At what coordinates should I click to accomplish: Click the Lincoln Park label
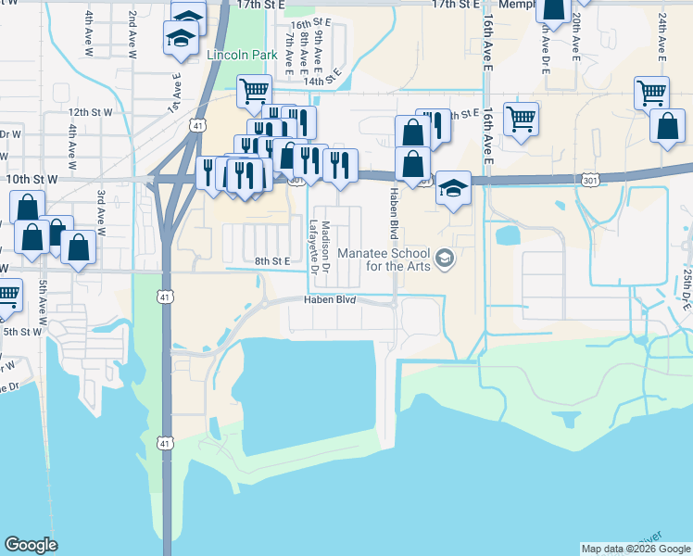click(243, 56)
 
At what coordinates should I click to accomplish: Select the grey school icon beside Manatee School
click(446, 257)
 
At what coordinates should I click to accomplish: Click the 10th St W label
click(31, 176)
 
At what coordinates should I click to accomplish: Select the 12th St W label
click(90, 112)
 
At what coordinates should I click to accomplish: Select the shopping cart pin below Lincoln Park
click(254, 92)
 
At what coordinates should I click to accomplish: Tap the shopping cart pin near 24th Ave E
click(651, 93)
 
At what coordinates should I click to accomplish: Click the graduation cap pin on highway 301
click(451, 189)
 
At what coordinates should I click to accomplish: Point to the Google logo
click(31, 545)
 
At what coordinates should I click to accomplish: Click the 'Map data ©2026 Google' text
click(636, 549)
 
